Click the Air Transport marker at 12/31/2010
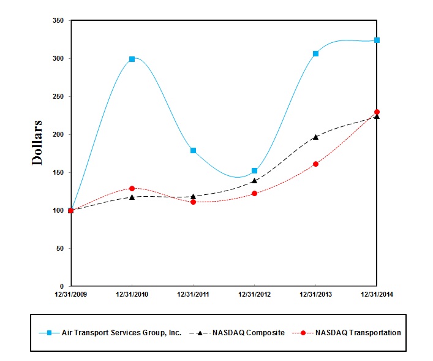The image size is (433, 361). [x=132, y=59]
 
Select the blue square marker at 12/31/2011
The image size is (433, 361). [x=193, y=150]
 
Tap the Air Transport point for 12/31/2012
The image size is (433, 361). [x=254, y=170]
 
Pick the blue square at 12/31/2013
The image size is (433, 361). [x=315, y=54]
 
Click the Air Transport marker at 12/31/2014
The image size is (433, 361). [x=377, y=40]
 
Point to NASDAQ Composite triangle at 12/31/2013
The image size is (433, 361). [x=315, y=137]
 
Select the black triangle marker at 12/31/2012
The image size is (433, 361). [x=254, y=181]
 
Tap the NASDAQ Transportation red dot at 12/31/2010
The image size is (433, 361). [x=132, y=188]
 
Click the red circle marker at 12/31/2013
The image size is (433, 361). [x=315, y=164]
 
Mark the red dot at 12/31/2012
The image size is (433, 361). [x=254, y=193]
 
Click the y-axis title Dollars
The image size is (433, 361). [x=37, y=143]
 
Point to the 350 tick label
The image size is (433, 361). [x=58, y=21]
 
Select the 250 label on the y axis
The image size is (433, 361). [x=58, y=97]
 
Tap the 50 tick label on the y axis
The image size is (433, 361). [x=61, y=249]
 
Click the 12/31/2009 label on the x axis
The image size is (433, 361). [x=71, y=295]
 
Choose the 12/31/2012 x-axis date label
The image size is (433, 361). [x=254, y=295]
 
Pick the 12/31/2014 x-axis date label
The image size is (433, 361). [x=377, y=295]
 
